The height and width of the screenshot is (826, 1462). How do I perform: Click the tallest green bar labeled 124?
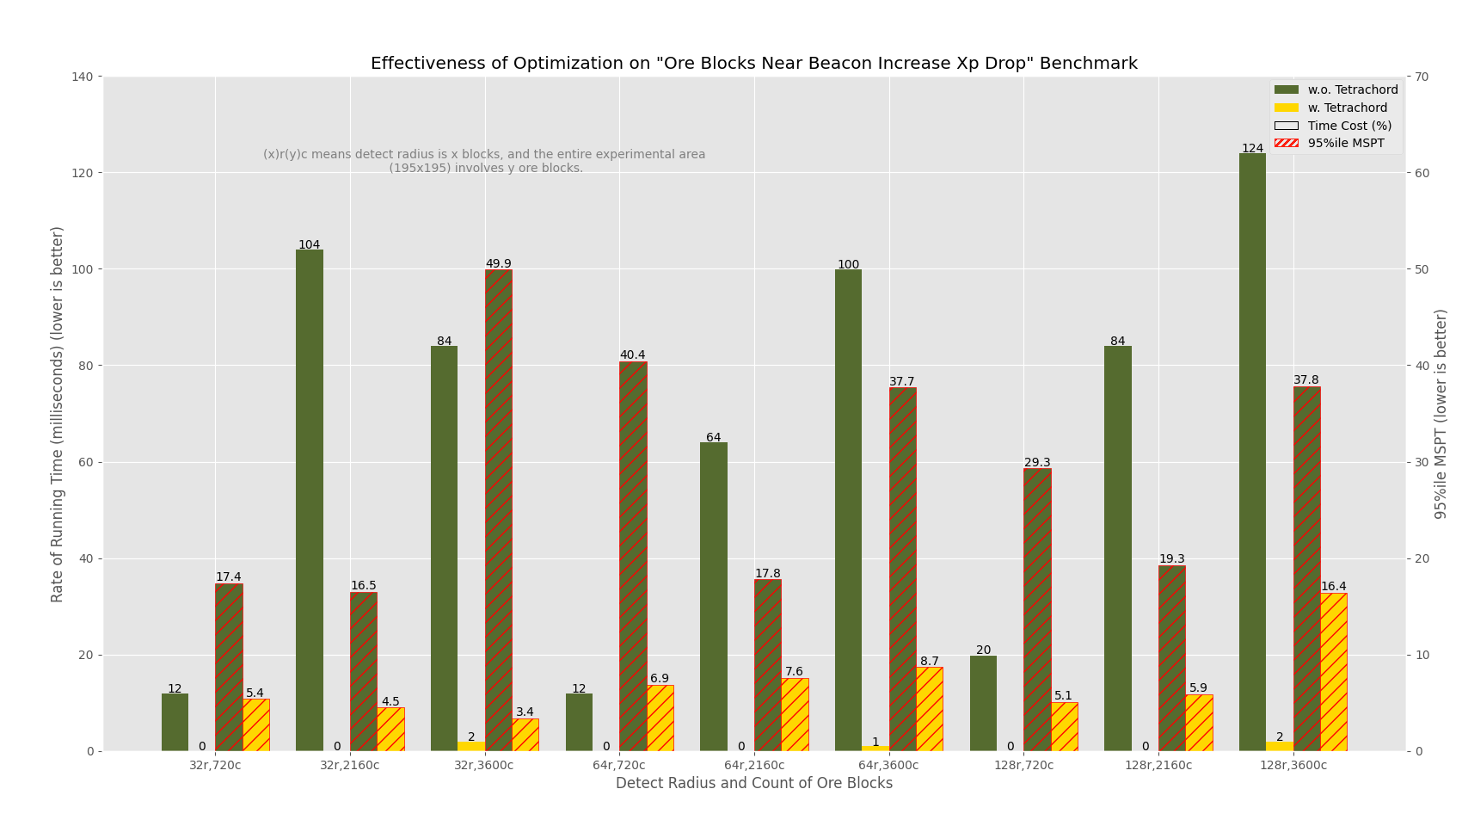click(x=1252, y=452)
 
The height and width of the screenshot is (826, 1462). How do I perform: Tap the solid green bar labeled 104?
click(x=310, y=500)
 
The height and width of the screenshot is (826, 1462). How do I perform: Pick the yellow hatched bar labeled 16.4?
click(x=1333, y=672)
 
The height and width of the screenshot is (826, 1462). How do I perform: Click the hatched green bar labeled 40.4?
click(x=633, y=556)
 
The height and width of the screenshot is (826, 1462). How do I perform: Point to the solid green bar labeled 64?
click(x=713, y=596)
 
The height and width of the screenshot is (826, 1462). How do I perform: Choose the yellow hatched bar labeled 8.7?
click(x=929, y=709)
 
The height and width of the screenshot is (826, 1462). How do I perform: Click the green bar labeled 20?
click(x=983, y=703)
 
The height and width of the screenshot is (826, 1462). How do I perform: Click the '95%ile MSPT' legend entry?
click(x=1345, y=144)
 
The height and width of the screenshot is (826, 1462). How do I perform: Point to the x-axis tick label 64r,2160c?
click(x=753, y=765)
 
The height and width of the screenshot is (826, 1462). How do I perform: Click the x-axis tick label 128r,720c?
click(x=1023, y=765)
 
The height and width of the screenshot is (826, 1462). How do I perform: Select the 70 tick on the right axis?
click(x=1422, y=77)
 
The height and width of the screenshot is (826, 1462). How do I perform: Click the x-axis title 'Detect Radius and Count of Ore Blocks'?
click(x=753, y=784)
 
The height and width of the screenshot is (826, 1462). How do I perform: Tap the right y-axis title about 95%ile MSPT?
click(x=1441, y=413)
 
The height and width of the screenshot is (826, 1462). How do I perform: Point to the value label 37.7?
click(x=901, y=381)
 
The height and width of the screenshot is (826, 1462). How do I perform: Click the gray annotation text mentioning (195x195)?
click(x=485, y=168)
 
